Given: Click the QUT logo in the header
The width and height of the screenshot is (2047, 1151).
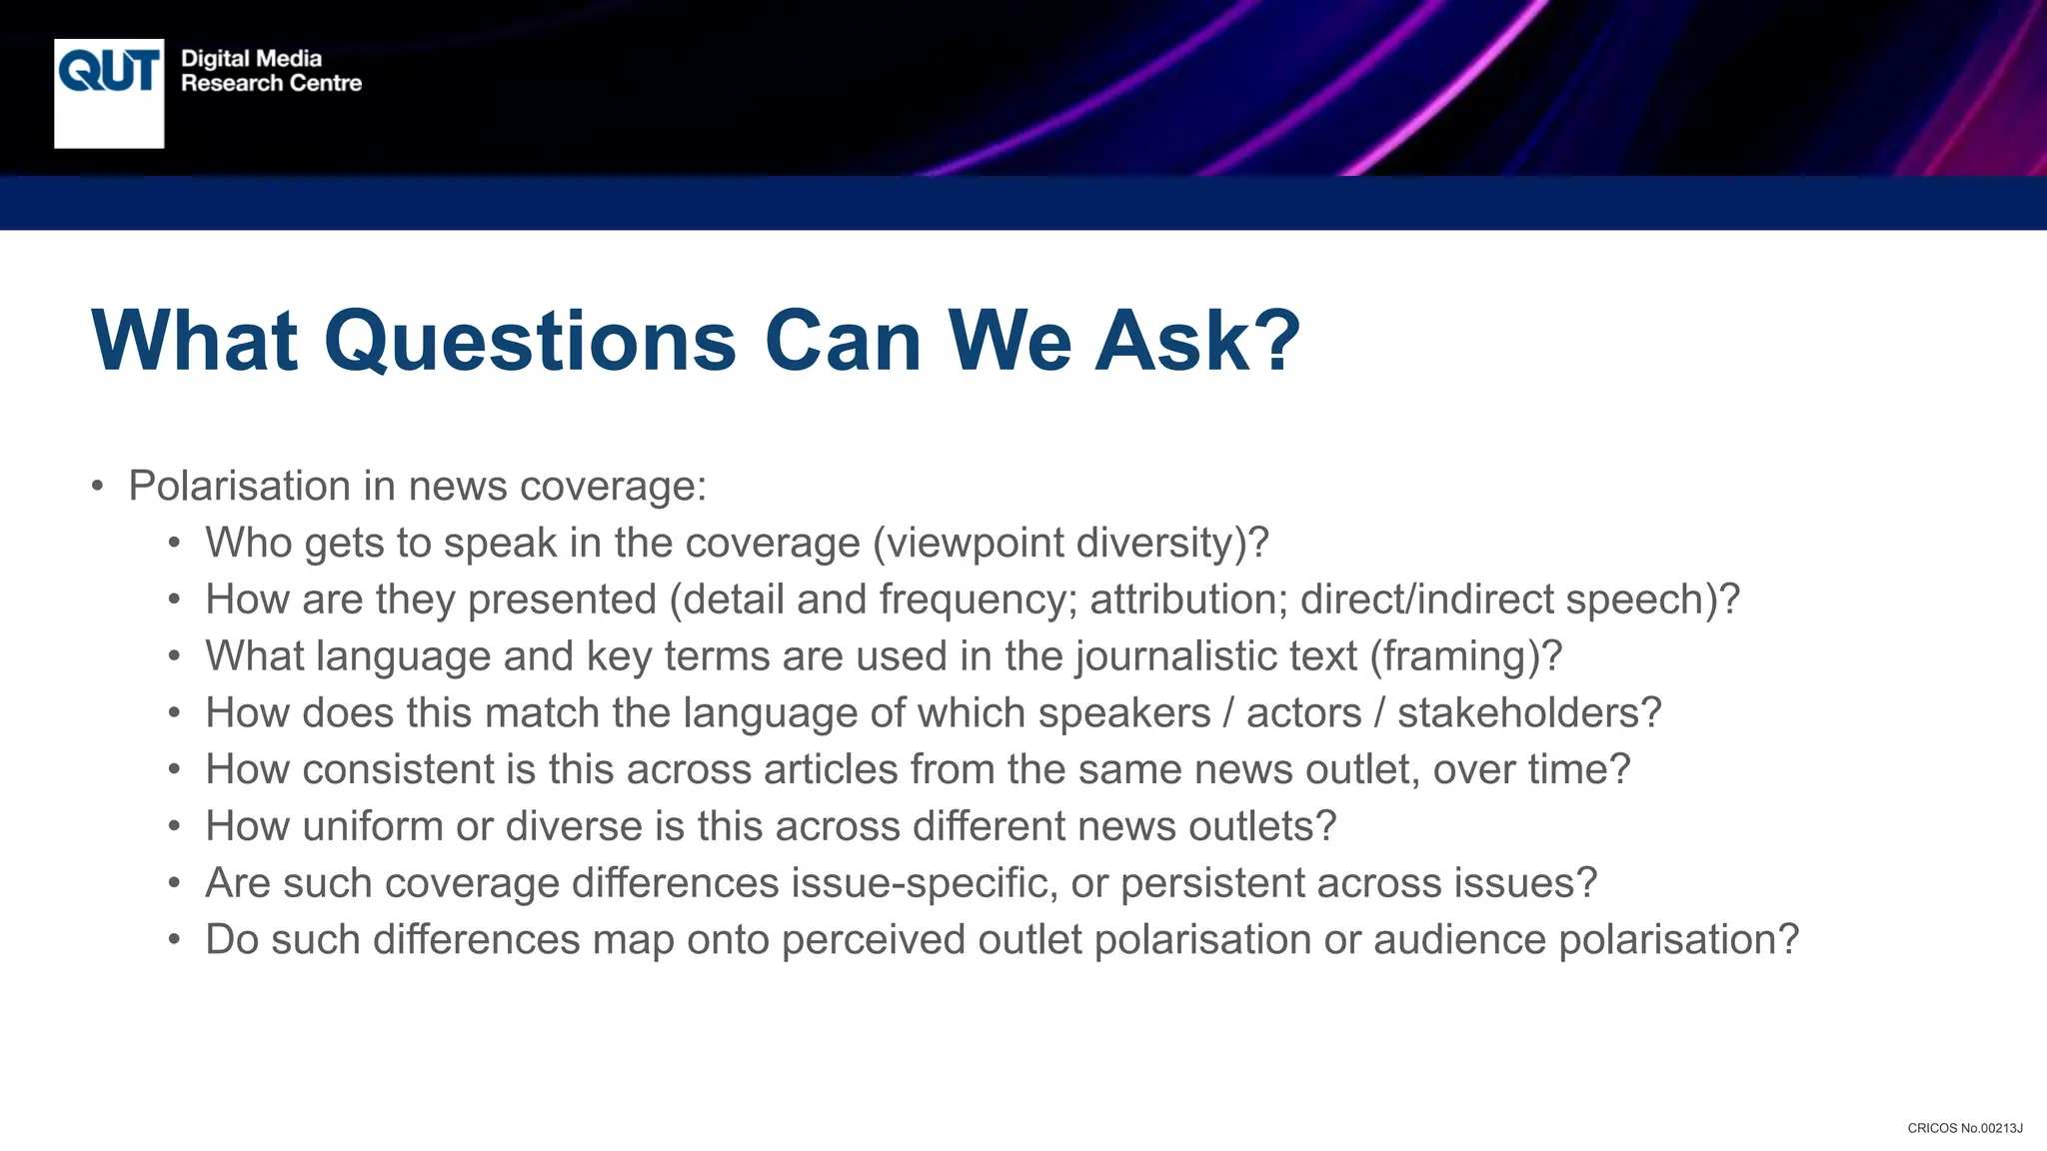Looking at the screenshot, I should (109, 92).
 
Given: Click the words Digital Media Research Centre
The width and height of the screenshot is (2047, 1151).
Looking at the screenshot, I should (271, 71).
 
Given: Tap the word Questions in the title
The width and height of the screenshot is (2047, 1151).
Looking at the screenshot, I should (531, 341).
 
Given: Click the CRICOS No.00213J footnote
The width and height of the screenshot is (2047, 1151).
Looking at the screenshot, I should (1964, 1128).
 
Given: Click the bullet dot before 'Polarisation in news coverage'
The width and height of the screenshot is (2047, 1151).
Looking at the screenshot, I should (97, 487).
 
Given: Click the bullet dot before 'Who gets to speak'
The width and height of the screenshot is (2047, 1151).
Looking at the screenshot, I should (175, 544).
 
